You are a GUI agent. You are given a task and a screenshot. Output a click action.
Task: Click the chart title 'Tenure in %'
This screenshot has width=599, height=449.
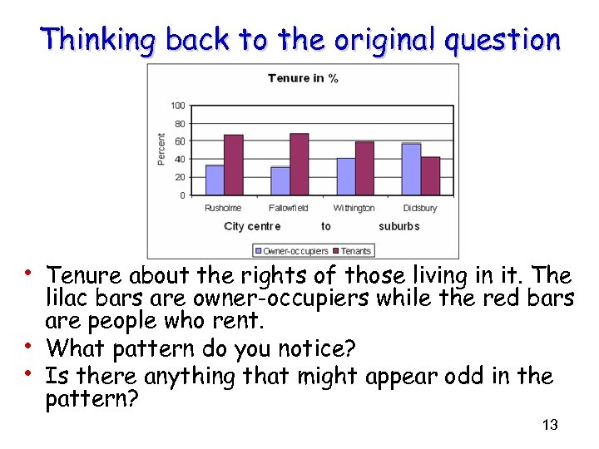(x=303, y=78)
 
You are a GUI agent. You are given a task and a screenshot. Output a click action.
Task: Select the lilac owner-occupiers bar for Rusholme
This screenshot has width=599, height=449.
(x=215, y=180)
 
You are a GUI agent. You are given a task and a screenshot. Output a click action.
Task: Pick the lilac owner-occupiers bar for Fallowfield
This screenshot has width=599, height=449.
(x=280, y=180)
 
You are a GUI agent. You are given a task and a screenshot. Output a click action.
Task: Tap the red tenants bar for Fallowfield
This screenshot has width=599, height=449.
(x=299, y=164)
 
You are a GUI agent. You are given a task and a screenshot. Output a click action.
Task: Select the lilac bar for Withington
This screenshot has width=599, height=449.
(x=345, y=176)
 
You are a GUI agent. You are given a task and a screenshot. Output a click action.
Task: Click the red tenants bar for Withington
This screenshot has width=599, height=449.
(x=364, y=168)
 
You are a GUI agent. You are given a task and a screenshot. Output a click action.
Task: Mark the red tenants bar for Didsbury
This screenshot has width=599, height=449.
(x=430, y=175)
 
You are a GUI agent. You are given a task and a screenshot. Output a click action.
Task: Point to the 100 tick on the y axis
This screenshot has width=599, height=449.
(x=178, y=106)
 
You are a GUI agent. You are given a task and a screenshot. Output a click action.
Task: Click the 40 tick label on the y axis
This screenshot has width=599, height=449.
(x=181, y=160)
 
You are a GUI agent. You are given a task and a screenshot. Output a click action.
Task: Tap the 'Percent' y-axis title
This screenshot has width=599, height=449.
(x=161, y=150)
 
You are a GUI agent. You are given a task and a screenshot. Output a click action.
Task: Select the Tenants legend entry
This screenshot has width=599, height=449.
(x=352, y=250)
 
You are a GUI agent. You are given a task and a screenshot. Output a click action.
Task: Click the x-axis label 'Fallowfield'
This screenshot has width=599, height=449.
(x=289, y=208)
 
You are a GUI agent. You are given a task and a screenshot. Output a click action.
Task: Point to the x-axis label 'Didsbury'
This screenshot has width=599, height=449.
(x=420, y=208)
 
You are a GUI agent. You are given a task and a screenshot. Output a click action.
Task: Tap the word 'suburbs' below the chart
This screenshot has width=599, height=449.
(x=399, y=226)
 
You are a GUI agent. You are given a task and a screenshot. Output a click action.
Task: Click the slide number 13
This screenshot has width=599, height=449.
(x=549, y=426)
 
